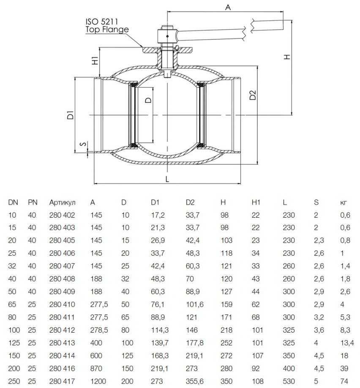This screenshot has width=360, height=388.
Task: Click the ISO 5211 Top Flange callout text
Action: (x=107, y=25)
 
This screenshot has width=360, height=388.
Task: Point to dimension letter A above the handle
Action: (x=228, y=7)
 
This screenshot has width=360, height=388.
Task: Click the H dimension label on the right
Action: (x=287, y=57)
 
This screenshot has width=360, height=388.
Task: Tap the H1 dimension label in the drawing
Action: (x=95, y=60)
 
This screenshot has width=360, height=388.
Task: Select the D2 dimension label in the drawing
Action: (x=253, y=95)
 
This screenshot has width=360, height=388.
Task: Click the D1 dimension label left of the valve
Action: (x=71, y=115)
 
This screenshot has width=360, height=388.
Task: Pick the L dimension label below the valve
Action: (x=167, y=179)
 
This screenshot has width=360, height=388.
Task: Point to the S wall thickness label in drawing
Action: (x=84, y=144)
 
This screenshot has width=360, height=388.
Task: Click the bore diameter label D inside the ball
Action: (x=148, y=100)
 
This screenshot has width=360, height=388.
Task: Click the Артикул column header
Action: (x=62, y=202)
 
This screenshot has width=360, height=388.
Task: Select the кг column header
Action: (x=344, y=202)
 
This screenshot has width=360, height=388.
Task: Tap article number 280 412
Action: (x=62, y=330)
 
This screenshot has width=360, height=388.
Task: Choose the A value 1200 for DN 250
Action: (x=98, y=381)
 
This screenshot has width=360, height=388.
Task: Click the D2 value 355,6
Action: (x=195, y=381)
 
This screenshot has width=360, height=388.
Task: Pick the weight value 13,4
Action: (x=347, y=343)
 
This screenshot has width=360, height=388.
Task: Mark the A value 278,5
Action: (x=99, y=330)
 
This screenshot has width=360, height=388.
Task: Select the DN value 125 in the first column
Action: (x=14, y=343)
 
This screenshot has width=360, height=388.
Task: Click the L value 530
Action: (x=289, y=381)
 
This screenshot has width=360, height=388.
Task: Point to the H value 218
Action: (x=226, y=330)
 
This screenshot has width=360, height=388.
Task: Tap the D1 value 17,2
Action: (x=158, y=215)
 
